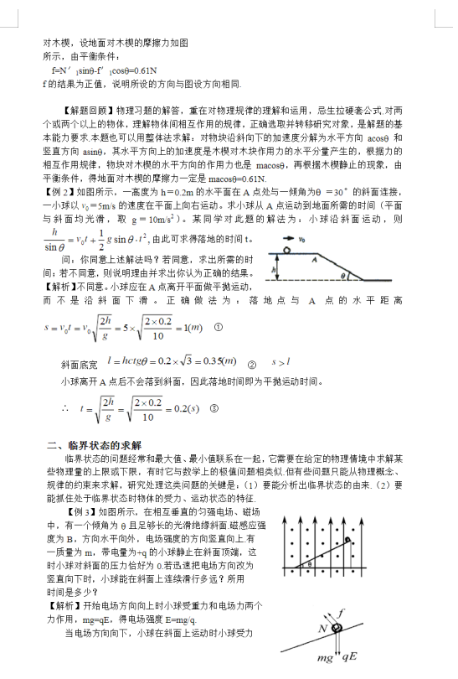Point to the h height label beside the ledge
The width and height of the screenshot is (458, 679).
272,270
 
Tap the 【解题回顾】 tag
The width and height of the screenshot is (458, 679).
87,110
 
